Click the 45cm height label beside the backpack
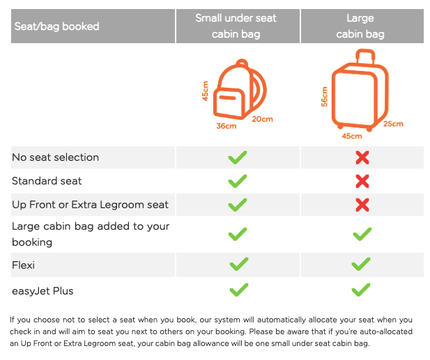(205, 91)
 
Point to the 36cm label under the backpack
(226, 126)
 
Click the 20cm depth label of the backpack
(263, 119)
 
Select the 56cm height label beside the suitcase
(325, 97)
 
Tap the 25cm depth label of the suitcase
(393, 124)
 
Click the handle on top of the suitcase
(365, 56)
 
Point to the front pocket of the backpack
(229, 104)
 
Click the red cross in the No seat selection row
(362, 157)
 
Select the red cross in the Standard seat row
(362, 181)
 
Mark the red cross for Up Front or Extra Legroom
(362, 205)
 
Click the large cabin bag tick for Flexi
(361, 264)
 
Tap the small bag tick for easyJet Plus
(239, 290)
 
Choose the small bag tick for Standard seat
(238, 181)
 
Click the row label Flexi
(23, 265)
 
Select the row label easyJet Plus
(43, 291)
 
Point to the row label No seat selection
(55, 157)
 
